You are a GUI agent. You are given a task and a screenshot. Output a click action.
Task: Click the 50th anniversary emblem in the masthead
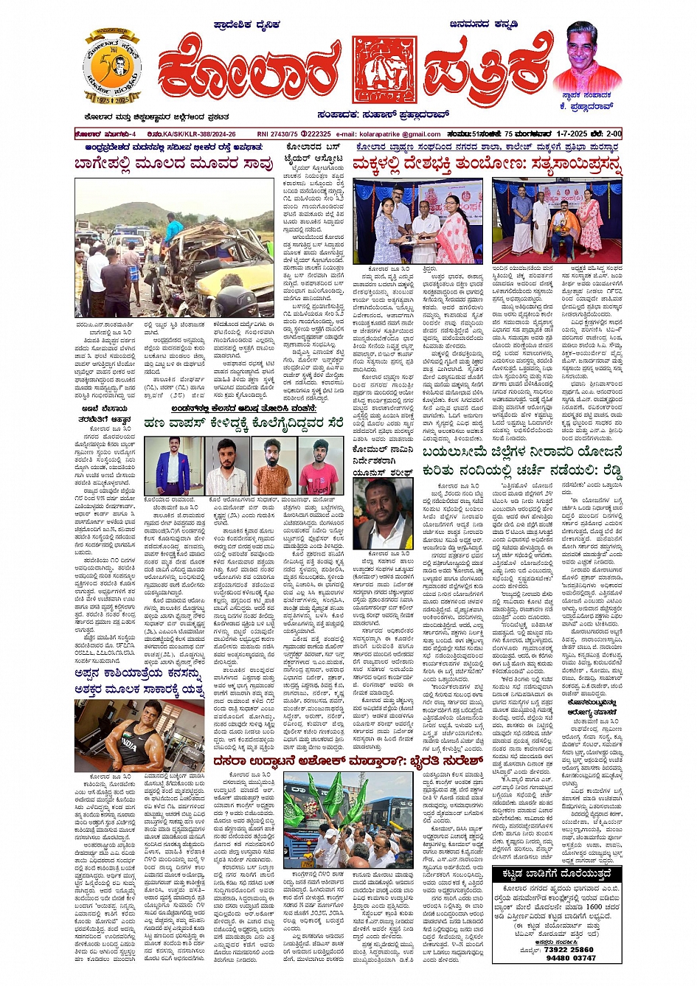pos(112,68)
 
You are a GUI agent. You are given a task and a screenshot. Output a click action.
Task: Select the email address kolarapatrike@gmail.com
pos(400,134)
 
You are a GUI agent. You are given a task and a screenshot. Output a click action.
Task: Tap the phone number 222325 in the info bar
pos(319,134)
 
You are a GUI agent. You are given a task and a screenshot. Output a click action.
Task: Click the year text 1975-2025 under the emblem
pos(111,97)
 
